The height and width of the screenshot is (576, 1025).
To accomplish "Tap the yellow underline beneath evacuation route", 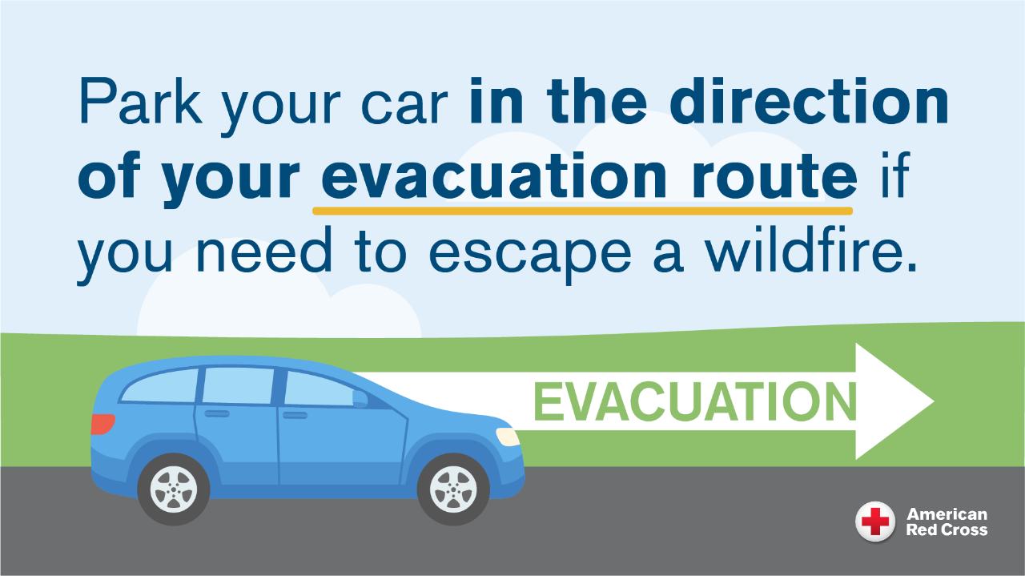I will (x=582, y=211).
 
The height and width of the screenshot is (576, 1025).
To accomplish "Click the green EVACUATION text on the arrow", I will (x=693, y=402).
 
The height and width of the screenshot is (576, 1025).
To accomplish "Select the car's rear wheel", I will (x=174, y=488).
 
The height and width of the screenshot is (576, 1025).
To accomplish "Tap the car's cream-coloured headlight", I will (x=508, y=437).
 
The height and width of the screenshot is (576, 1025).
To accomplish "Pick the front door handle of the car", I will (x=295, y=415).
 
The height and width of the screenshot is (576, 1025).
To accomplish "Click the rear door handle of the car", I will (x=216, y=413).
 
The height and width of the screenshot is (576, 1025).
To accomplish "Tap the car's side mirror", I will (x=360, y=398).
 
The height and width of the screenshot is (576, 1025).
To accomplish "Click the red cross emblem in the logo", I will (x=875, y=522).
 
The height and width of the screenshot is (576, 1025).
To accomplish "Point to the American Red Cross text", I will (x=947, y=522).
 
